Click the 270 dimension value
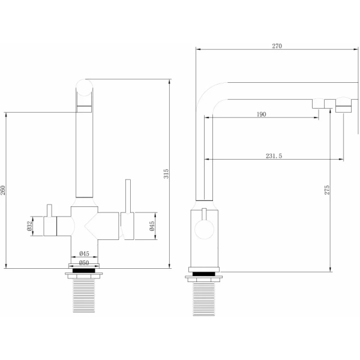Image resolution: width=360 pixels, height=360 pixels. (x=277, y=46)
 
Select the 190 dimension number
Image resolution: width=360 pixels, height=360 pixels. (x=261, y=114)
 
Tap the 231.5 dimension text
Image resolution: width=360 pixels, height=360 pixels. (x=274, y=156)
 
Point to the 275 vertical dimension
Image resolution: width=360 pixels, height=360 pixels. (x=327, y=190)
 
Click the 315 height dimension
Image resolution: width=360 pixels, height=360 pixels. (x=166, y=173)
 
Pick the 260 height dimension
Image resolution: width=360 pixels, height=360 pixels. (x=2, y=190)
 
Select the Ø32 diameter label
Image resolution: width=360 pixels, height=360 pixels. (x=29, y=226)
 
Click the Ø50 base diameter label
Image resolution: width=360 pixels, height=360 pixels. (x=84, y=263)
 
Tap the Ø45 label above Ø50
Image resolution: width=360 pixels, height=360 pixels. (x=84, y=253)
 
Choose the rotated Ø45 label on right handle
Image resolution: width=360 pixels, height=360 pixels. (x=152, y=226)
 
